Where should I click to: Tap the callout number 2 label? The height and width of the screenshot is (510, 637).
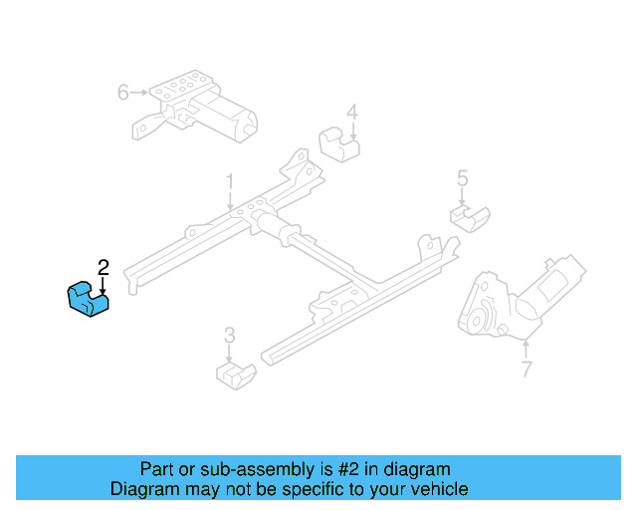coord(103,266)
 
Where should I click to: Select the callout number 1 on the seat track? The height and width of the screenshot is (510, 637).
coord(229,183)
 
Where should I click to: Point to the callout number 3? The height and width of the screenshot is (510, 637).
coord(229,335)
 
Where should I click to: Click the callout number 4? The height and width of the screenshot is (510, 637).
coord(351,113)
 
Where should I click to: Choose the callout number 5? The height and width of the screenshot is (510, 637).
coord(462,178)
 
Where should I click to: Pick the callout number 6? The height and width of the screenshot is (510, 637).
coord(123,93)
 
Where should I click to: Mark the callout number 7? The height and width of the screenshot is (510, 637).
coord(526,370)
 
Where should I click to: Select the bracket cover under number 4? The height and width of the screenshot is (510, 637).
coord(339,145)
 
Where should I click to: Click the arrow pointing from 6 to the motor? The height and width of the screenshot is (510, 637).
coord(139,93)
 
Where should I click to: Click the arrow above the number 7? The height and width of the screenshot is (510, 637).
coord(526,350)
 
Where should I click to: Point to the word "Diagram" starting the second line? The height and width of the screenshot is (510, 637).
coord(141,489)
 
